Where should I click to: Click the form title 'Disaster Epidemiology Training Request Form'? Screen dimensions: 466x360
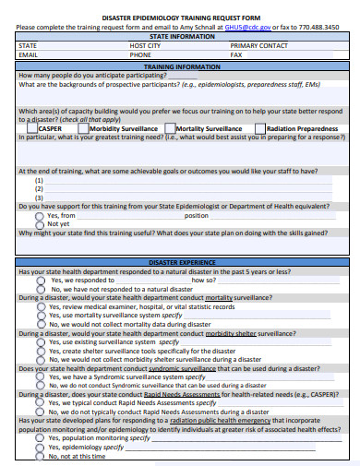click(180, 17)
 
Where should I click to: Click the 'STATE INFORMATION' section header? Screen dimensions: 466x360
click(180, 36)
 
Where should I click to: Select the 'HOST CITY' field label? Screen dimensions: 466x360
click(145, 45)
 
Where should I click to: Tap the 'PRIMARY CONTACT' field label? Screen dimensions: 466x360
click(258, 45)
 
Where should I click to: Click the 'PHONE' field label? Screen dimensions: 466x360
click(140, 54)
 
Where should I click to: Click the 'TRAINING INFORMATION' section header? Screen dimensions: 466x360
click(180, 66)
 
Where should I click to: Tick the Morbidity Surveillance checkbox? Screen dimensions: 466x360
click(84, 129)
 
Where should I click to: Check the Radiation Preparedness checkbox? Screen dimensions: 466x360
click(260, 129)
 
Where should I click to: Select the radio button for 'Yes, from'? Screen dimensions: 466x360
click(40, 215)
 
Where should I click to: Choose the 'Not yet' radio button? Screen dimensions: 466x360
click(40, 223)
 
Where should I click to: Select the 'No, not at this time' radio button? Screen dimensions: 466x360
click(40, 456)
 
